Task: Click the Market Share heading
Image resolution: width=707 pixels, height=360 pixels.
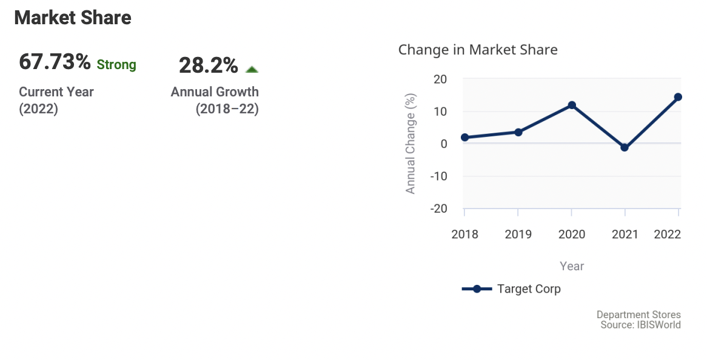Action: coord(73,18)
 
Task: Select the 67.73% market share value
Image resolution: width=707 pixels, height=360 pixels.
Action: coord(55,62)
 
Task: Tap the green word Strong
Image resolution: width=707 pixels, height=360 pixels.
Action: coord(116,64)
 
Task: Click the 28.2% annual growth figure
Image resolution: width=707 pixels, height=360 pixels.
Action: coord(208,65)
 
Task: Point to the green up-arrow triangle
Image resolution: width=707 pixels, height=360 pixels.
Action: coord(252,70)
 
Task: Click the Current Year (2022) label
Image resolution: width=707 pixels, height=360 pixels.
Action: coord(56,101)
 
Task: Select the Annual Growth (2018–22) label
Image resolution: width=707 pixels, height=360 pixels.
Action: coord(215,101)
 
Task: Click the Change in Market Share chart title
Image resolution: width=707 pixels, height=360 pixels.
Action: coord(478,50)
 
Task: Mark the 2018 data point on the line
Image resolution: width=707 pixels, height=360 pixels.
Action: coord(464,138)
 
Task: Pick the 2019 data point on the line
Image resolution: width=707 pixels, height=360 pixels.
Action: coord(518,132)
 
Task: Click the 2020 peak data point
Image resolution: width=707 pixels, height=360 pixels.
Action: coord(572,105)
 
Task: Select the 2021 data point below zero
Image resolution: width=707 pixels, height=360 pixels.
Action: coord(625,147)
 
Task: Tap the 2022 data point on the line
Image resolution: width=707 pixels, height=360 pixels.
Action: coord(679,97)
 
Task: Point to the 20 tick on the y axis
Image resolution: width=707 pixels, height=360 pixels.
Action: coord(440,79)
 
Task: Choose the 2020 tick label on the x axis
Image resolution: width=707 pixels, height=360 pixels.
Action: coord(572,235)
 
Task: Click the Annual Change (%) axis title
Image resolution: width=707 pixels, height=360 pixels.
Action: coord(411,144)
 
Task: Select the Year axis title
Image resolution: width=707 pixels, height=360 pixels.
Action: coord(572,266)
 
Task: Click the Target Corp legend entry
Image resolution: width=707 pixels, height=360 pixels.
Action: coord(511,289)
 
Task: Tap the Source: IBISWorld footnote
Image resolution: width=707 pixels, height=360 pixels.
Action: coord(640,325)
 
